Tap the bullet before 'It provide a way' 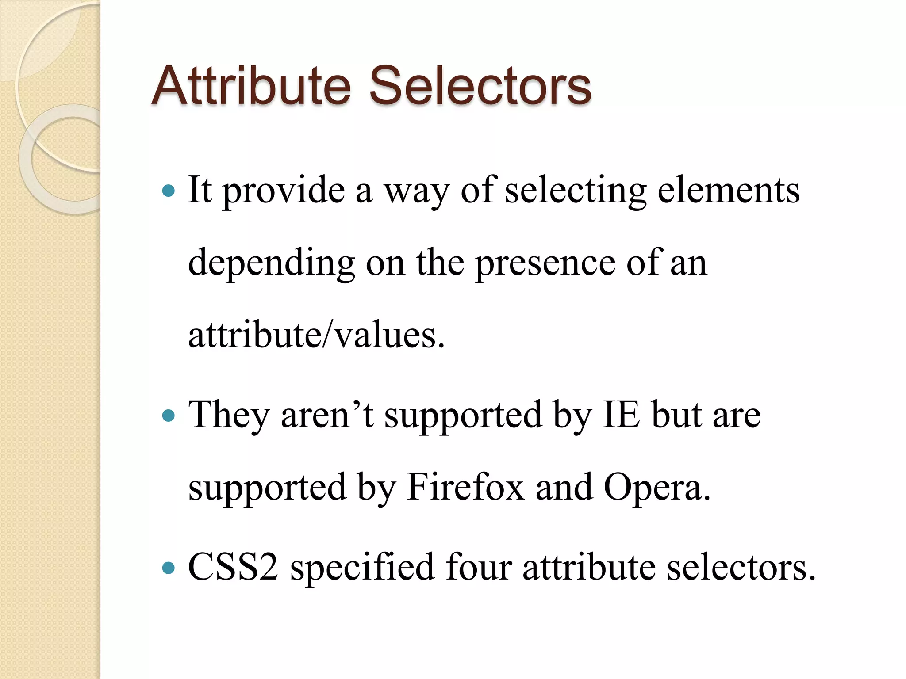[x=169, y=191]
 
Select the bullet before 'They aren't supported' [x=169, y=416]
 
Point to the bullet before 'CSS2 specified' [x=169, y=568]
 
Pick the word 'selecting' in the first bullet [x=576, y=191]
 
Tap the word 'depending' [x=271, y=263]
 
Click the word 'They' [x=229, y=416]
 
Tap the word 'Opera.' [x=657, y=488]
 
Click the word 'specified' [x=362, y=568]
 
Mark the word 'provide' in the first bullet [x=283, y=191]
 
